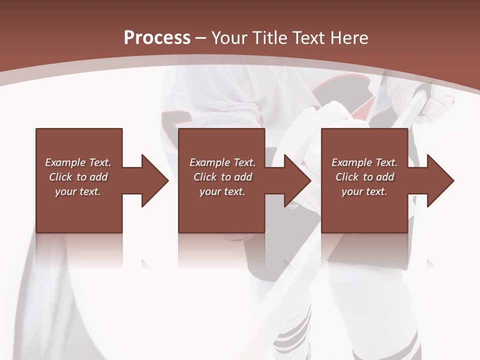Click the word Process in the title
click(x=157, y=38)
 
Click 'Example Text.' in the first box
click(x=78, y=162)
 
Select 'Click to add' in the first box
click(x=78, y=177)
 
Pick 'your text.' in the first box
click(x=78, y=191)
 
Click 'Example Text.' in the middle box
click(x=222, y=162)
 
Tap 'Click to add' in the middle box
click(x=222, y=177)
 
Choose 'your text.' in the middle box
click(x=222, y=191)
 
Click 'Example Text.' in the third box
click(x=364, y=162)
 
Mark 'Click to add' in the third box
click(x=364, y=177)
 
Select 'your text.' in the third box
click(x=364, y=191)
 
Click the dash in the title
click(x=200, y=38)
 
